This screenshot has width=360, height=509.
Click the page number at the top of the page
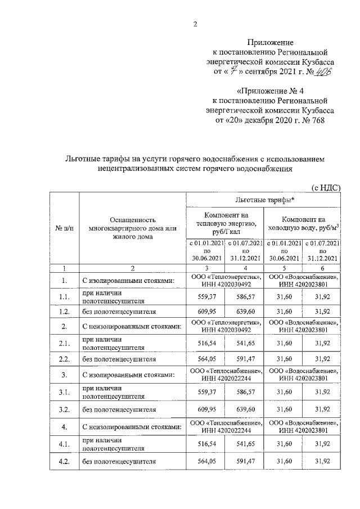coord(195,24)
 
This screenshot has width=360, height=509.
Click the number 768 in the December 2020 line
coord(317,120)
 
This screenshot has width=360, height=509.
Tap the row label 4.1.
coord(64,445)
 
